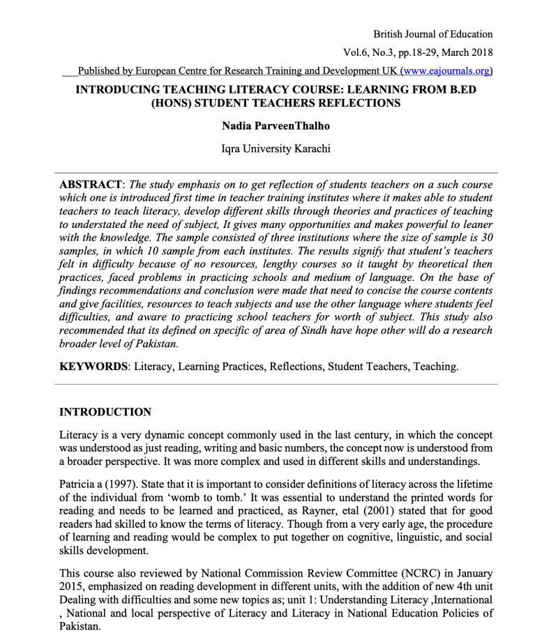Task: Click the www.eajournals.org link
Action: point(446,70)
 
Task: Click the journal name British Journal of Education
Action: point(432,33)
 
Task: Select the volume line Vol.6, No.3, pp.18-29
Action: point(418,52)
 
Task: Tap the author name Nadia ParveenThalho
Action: point(277,127)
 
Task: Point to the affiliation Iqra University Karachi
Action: point(277,148)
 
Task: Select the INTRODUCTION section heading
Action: point(105,412)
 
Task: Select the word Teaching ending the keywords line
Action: point(435,366)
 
